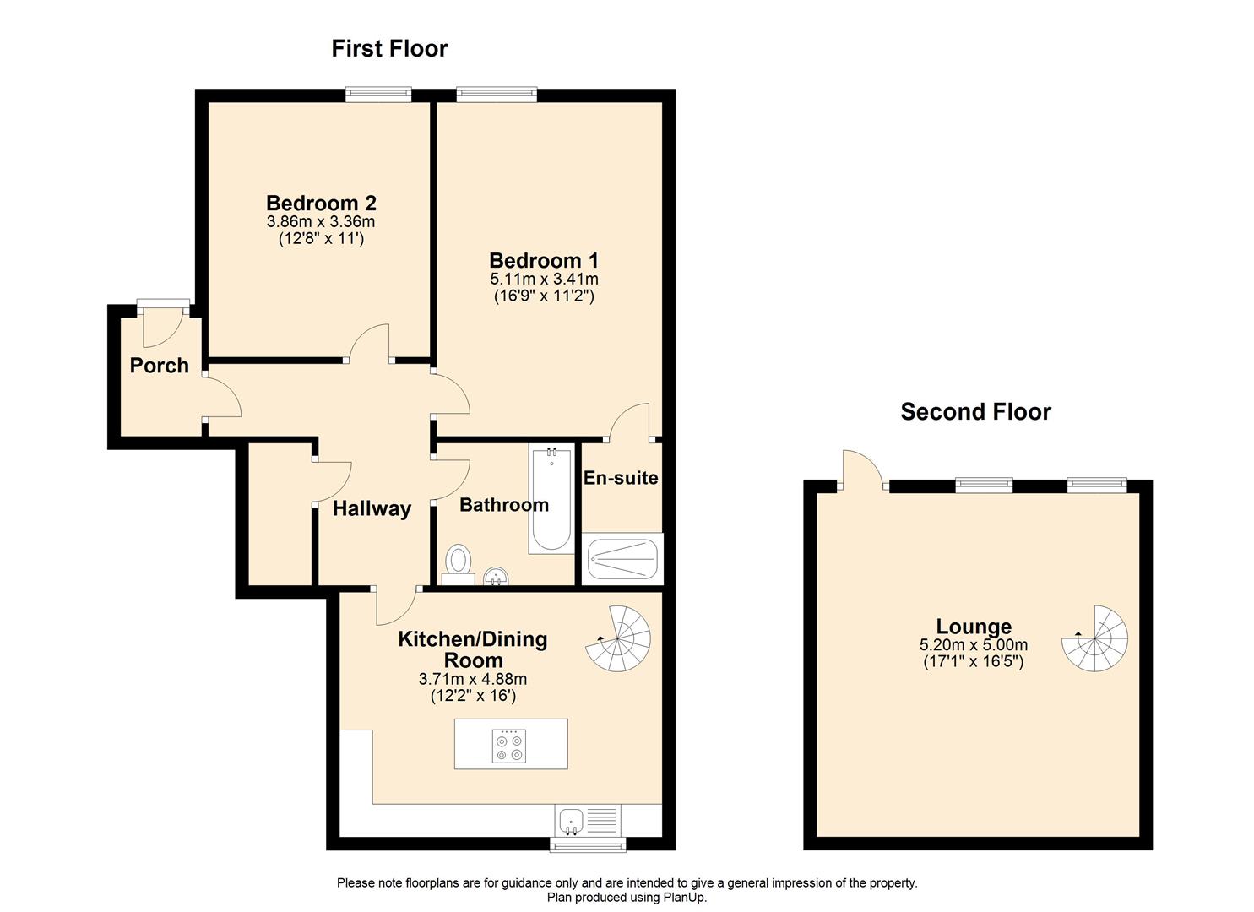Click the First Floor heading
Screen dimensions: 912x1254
[x=389, y=49]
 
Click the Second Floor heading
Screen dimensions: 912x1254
[x=975, y=412]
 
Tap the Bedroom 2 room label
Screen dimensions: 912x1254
[x=321, y=204]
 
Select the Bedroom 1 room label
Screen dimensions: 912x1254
[x=544, y=260]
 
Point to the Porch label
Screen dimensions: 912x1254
[x=159, y=366]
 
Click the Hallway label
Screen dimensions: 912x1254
[x=372, y=508]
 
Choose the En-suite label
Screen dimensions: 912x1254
[x=621, y=478]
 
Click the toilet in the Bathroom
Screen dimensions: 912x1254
[x=459, y=562]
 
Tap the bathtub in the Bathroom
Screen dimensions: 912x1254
[x=551, y=498]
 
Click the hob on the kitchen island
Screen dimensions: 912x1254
[x=510, y=745]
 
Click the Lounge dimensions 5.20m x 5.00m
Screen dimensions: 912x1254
[x=973, y=645]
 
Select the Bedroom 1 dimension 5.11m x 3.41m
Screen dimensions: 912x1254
[x=544, y=280]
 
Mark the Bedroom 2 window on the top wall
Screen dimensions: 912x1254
[x=377, y=95]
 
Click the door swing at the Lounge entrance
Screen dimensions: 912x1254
[x=861, y=469]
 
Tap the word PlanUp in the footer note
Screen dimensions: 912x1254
[x=685, y=898]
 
